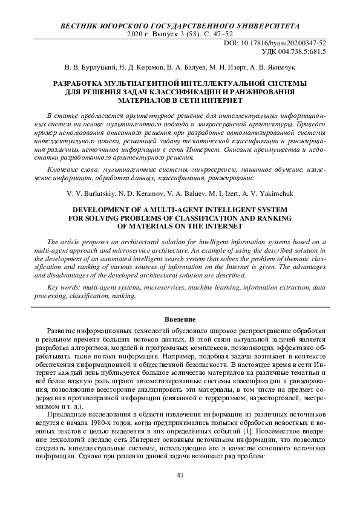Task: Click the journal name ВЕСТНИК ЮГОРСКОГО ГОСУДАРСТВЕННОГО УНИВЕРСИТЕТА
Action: [180, 27]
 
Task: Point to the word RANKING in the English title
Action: [277, 217]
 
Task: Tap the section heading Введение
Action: [180, 319]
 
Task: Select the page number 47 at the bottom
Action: [180, 476]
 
